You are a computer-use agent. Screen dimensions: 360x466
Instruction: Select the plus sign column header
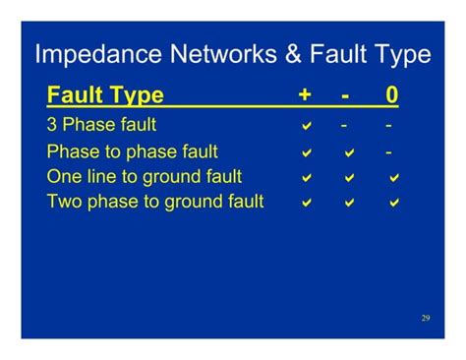click(x=306, y=96)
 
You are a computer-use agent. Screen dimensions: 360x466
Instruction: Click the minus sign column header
click(x=345, y=96)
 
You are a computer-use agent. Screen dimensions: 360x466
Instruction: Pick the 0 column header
click(x=391, y=96)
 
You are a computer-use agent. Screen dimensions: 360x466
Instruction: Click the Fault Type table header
click(x=105, y=96)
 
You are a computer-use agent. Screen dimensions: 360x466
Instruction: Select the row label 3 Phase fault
click(x=101, y=126)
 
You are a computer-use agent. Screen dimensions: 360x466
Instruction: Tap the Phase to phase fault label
click(x=132, y=152)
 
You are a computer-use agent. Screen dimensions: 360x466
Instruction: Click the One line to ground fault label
click(x=144, y=177)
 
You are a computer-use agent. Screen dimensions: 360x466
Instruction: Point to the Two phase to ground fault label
click(x=155, y=202)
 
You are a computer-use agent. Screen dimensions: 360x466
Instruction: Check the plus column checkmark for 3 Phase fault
click(x=307, y=127)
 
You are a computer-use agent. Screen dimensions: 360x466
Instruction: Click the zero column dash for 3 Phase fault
click(x=390, y=126)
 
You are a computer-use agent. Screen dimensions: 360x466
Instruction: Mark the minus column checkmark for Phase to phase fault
click(x=349, y=153)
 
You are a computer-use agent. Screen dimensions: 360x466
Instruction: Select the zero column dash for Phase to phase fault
click(x=390, y=152)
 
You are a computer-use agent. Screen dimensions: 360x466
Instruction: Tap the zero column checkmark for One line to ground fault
click(x=394, y=178)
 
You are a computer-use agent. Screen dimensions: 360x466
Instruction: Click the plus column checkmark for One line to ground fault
click(x=307, y=178)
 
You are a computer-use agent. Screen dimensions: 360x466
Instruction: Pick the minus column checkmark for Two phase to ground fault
click(x=349, y=203)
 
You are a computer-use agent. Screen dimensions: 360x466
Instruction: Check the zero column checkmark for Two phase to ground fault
click(x=394, y=203)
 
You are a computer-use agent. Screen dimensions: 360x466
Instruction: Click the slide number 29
click(x=426, y=318)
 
